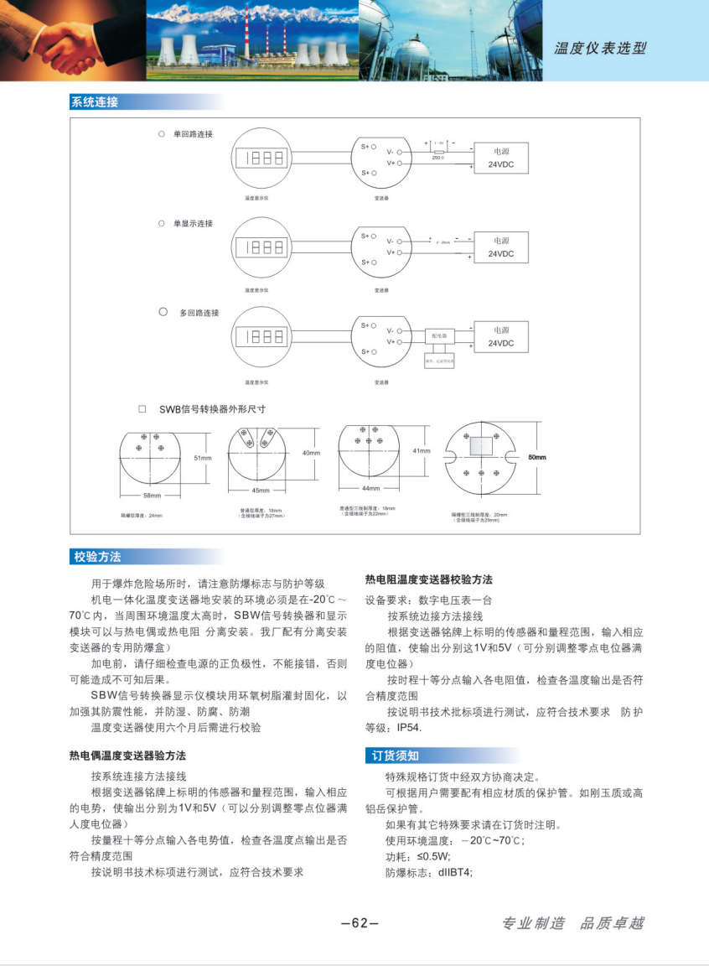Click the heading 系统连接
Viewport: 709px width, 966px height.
click(95, 102)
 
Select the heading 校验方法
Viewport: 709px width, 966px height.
click(97, 557)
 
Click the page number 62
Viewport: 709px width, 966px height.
click(360, 923)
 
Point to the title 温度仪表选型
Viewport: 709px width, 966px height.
click(600, 48)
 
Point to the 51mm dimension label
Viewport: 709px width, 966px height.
click(202, 459)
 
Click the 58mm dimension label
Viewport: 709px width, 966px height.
click(152, 496)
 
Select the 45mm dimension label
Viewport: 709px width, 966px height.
click(260, 490)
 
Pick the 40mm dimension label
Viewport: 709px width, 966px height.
click(311, 453)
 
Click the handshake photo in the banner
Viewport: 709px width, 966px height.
click(72, 39)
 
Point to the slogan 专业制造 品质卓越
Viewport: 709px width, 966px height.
click(572, 923)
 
